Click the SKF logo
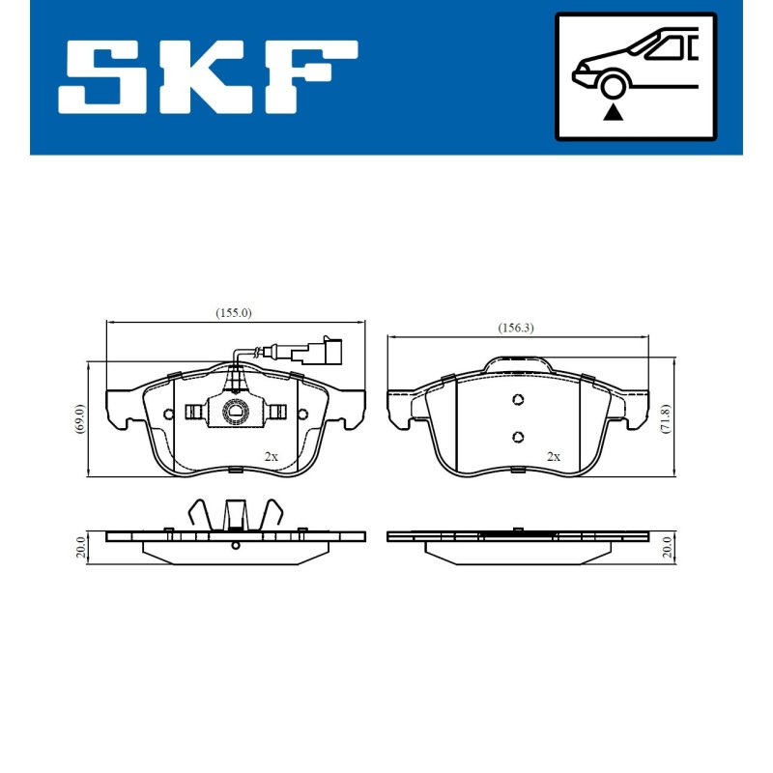tap(208, 77)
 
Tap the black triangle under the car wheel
tap(613, 112)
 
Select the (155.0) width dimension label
tap(234, 313)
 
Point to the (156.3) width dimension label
tap(516, 328)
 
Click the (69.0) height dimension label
tap(80, 418)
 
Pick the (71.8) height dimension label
tap(666, 418)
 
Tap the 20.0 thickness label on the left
tap(81, 547)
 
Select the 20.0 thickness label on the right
tap(667, 547)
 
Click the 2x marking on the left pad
tap(272, 457)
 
